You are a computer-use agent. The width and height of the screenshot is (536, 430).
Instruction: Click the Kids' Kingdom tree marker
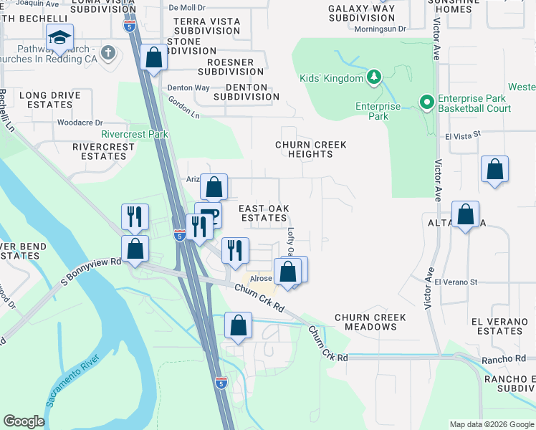coord(373,76)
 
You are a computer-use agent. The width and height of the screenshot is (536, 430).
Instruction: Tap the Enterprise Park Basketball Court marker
coord(426,102)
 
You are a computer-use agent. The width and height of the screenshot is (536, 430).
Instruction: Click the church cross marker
coord(108,52)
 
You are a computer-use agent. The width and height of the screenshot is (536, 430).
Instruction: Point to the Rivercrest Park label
coord(135,134)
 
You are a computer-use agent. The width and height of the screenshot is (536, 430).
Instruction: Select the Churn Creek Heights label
coord(311,149)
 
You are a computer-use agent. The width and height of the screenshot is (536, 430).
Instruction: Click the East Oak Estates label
coord(264,213)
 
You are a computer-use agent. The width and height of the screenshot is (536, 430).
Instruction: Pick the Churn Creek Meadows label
coord(370,322)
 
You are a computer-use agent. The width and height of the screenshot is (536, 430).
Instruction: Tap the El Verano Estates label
coord(497,326)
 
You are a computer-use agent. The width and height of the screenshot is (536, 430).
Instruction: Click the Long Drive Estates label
coord(45,99)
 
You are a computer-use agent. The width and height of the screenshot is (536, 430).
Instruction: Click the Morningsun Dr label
coord(380,29)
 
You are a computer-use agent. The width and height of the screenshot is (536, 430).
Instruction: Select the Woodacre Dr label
coord(80,123)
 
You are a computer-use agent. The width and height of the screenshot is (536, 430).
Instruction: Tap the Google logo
coord(24,421)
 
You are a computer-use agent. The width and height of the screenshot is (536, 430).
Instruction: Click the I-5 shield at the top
coord(129,27)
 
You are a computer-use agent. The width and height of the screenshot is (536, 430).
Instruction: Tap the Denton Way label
coord(188,87)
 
